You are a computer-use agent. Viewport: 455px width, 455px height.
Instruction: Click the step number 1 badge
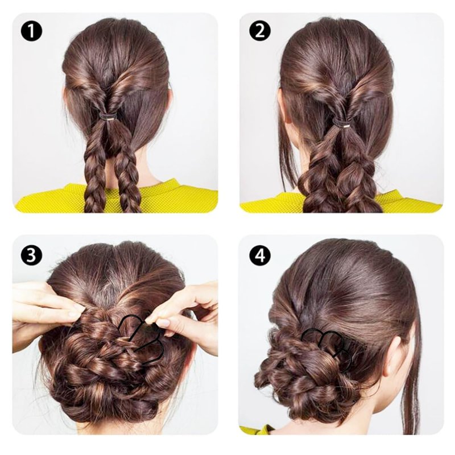[x=31, y=31]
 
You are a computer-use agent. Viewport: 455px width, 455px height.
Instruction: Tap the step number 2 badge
[x=260, y=31]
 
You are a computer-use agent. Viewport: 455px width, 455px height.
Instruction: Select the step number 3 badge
[x=31, y=255]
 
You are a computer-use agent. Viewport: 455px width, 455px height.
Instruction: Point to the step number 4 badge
[x=260, y=255]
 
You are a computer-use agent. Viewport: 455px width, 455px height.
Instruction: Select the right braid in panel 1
[x=125, y=171]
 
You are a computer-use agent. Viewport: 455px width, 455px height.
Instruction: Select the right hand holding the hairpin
[x=186, y=313]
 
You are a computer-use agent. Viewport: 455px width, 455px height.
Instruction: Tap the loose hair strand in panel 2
[x=286, y=163]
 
